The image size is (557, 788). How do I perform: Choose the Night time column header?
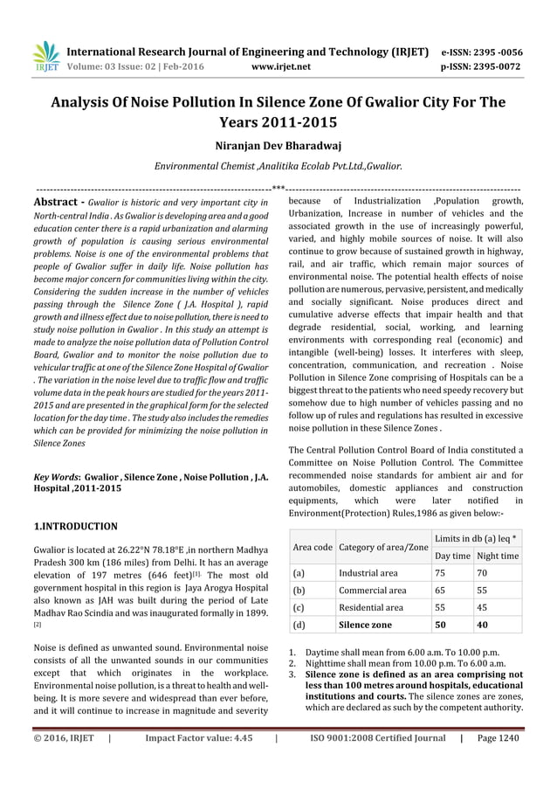pos(498,556)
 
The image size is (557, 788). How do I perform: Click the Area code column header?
pos(312,547)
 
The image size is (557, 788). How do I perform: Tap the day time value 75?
pos(443,573)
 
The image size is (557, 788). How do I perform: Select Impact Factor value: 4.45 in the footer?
pos(199,762)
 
